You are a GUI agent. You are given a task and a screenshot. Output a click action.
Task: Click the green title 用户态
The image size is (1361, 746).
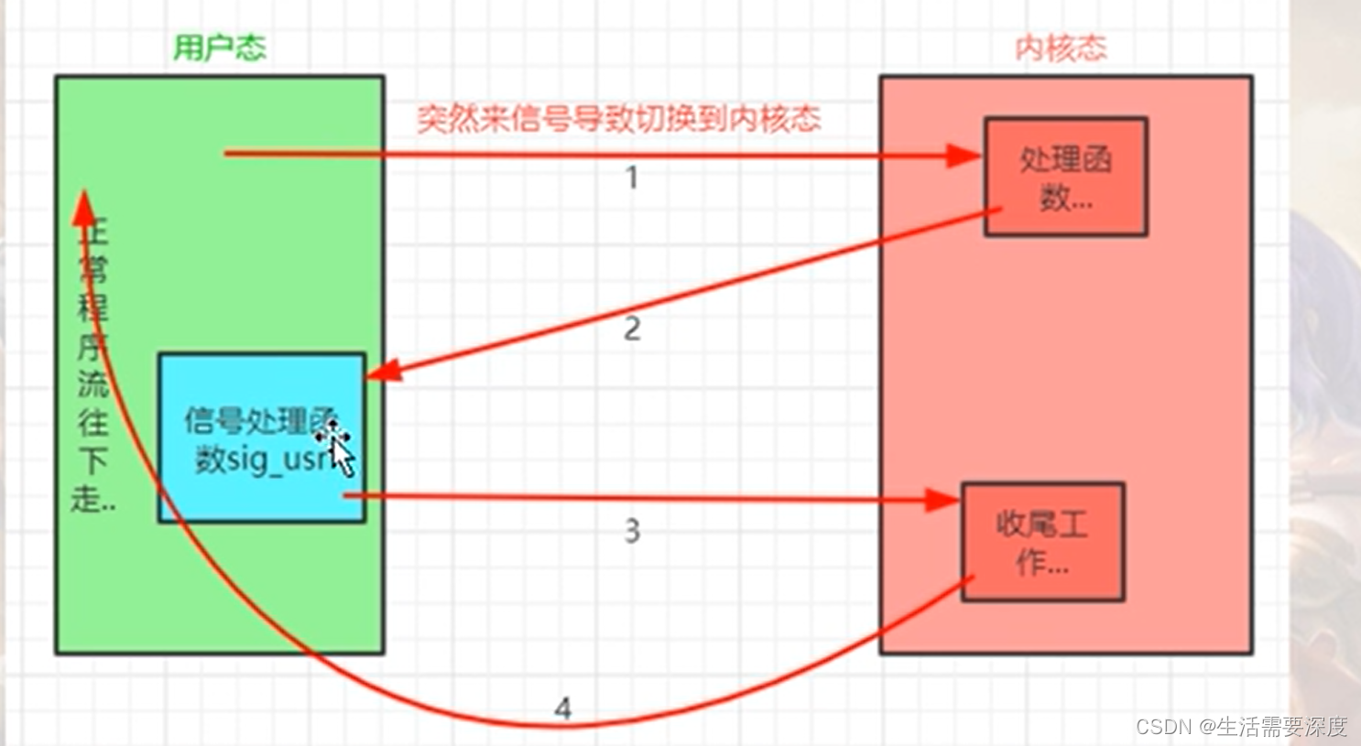pyautogui.click(x=220, y=48)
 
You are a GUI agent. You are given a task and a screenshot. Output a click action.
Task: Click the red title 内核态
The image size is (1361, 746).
pyautogui.click(x=1061, y=48)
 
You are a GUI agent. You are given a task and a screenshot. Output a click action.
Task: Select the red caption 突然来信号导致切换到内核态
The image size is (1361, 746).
pyautogui.click(x=619, y=119)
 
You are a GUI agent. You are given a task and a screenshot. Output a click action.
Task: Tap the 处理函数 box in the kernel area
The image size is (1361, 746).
pyautogui.click(x=1065, y=177)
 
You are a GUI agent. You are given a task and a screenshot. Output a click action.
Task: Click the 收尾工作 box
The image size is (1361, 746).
pyautogui.click(x=1042, y=541)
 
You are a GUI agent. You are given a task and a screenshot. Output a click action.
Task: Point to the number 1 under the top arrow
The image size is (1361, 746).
pyautogui.click(x=632, y=178)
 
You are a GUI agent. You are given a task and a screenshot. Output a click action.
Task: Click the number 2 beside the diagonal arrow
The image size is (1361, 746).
pyautogui.click(x=632, y=329)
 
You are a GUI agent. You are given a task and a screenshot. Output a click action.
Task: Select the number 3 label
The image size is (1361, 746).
pyautogui.click(x=632, y=531)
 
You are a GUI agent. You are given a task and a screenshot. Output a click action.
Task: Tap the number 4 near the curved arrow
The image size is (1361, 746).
pyautogui.click(x=563, y=708)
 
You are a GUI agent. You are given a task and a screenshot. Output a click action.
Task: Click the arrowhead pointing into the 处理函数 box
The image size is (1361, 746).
pyautogui.click(x=964, y=156)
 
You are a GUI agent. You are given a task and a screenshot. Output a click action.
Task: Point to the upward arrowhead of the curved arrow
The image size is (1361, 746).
pyautogui.click(x=84, y=208)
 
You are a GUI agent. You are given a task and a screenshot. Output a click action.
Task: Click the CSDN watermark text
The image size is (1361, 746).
pyautogui.click(x=1241, y=727)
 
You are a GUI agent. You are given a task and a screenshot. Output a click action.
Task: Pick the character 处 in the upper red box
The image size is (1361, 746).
pyautogui.click(x=1036, y=160)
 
